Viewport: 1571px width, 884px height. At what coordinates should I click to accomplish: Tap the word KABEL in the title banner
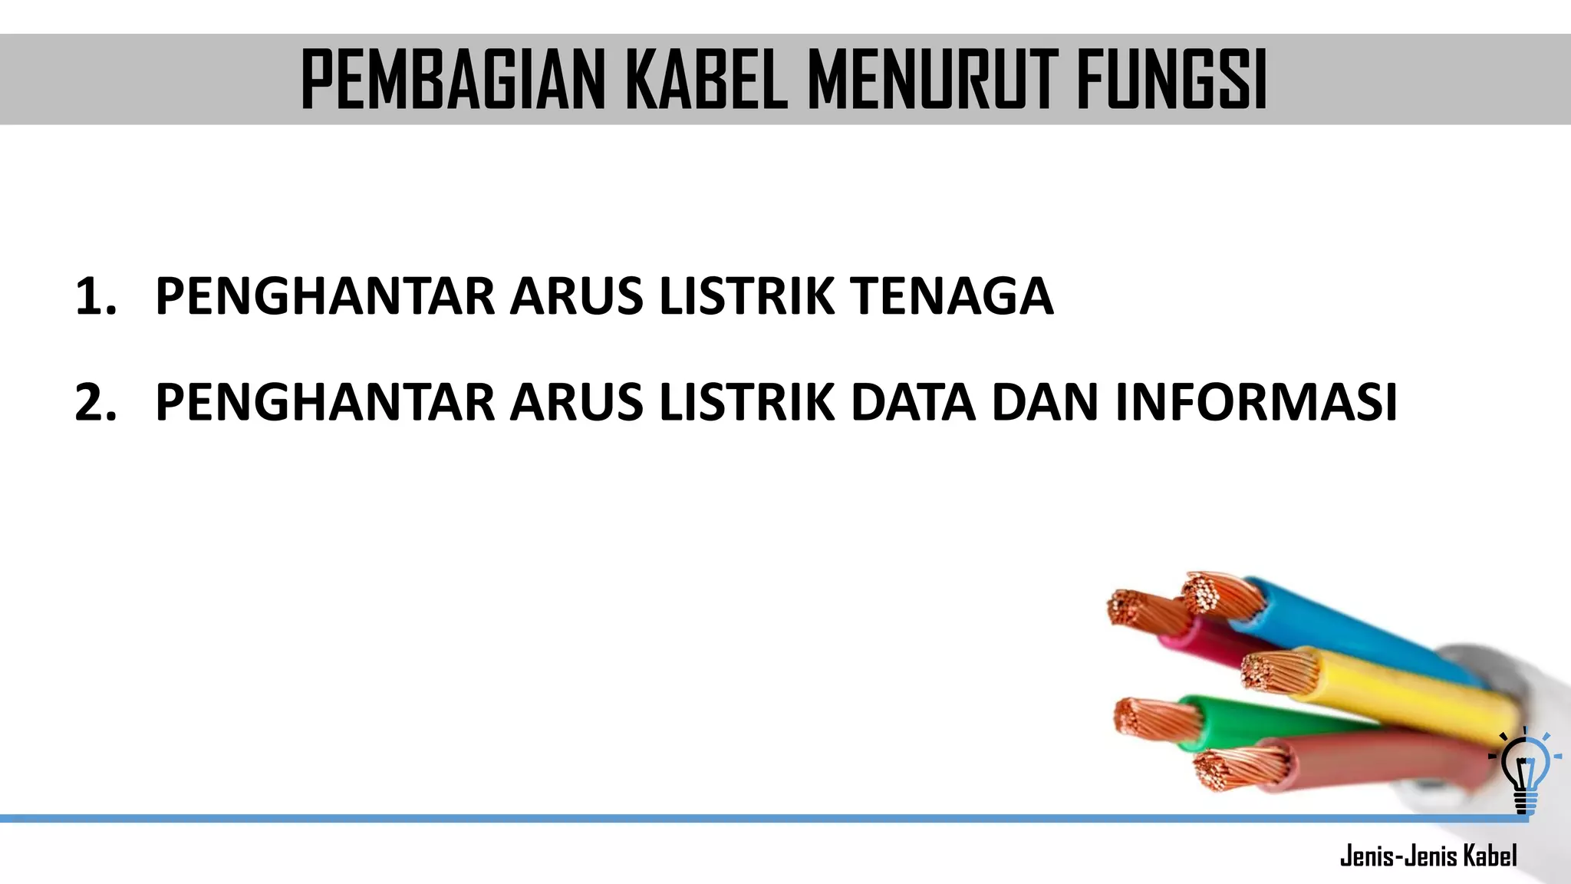point(707,80)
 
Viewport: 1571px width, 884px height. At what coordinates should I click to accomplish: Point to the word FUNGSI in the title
point(1171,80)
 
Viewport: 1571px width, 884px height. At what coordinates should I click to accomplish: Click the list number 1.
point(95,296)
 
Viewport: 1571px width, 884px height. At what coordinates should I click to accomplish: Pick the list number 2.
point(96,402)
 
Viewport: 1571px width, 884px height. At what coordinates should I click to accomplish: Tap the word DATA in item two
point(913,402)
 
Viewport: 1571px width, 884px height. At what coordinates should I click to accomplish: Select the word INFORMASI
point(1256,402)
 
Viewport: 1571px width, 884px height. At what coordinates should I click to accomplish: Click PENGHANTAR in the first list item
point(325,296)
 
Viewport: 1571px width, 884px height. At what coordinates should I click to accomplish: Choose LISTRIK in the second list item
point(746,402)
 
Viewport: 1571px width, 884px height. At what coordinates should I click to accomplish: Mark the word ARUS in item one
point(577,296)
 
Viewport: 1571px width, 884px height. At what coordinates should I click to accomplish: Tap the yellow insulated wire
point(1404,691)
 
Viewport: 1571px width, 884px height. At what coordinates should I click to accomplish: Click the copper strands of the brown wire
point(1239,768)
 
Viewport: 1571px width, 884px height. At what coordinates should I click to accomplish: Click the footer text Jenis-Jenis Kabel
point(1428,856)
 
